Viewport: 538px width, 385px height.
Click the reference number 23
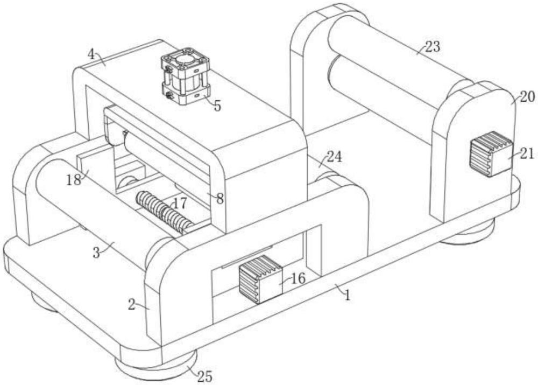click(433, 47)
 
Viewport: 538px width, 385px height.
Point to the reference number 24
click(334, 157)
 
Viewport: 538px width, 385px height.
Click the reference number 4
click(91, 54)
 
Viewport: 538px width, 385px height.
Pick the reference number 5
click(217, 106)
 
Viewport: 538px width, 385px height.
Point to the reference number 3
click(96, 253)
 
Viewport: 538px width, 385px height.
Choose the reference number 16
click(298, 278)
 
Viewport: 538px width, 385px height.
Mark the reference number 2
click(132, 305)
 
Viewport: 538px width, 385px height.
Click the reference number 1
click(348, 295)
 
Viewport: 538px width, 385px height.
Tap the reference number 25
click(205, 377)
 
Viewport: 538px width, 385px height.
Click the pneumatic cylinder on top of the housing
click(185, 76)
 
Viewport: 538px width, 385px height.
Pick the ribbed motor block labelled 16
click(261, 279)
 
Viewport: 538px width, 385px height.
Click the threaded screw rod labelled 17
click(164, 212)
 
